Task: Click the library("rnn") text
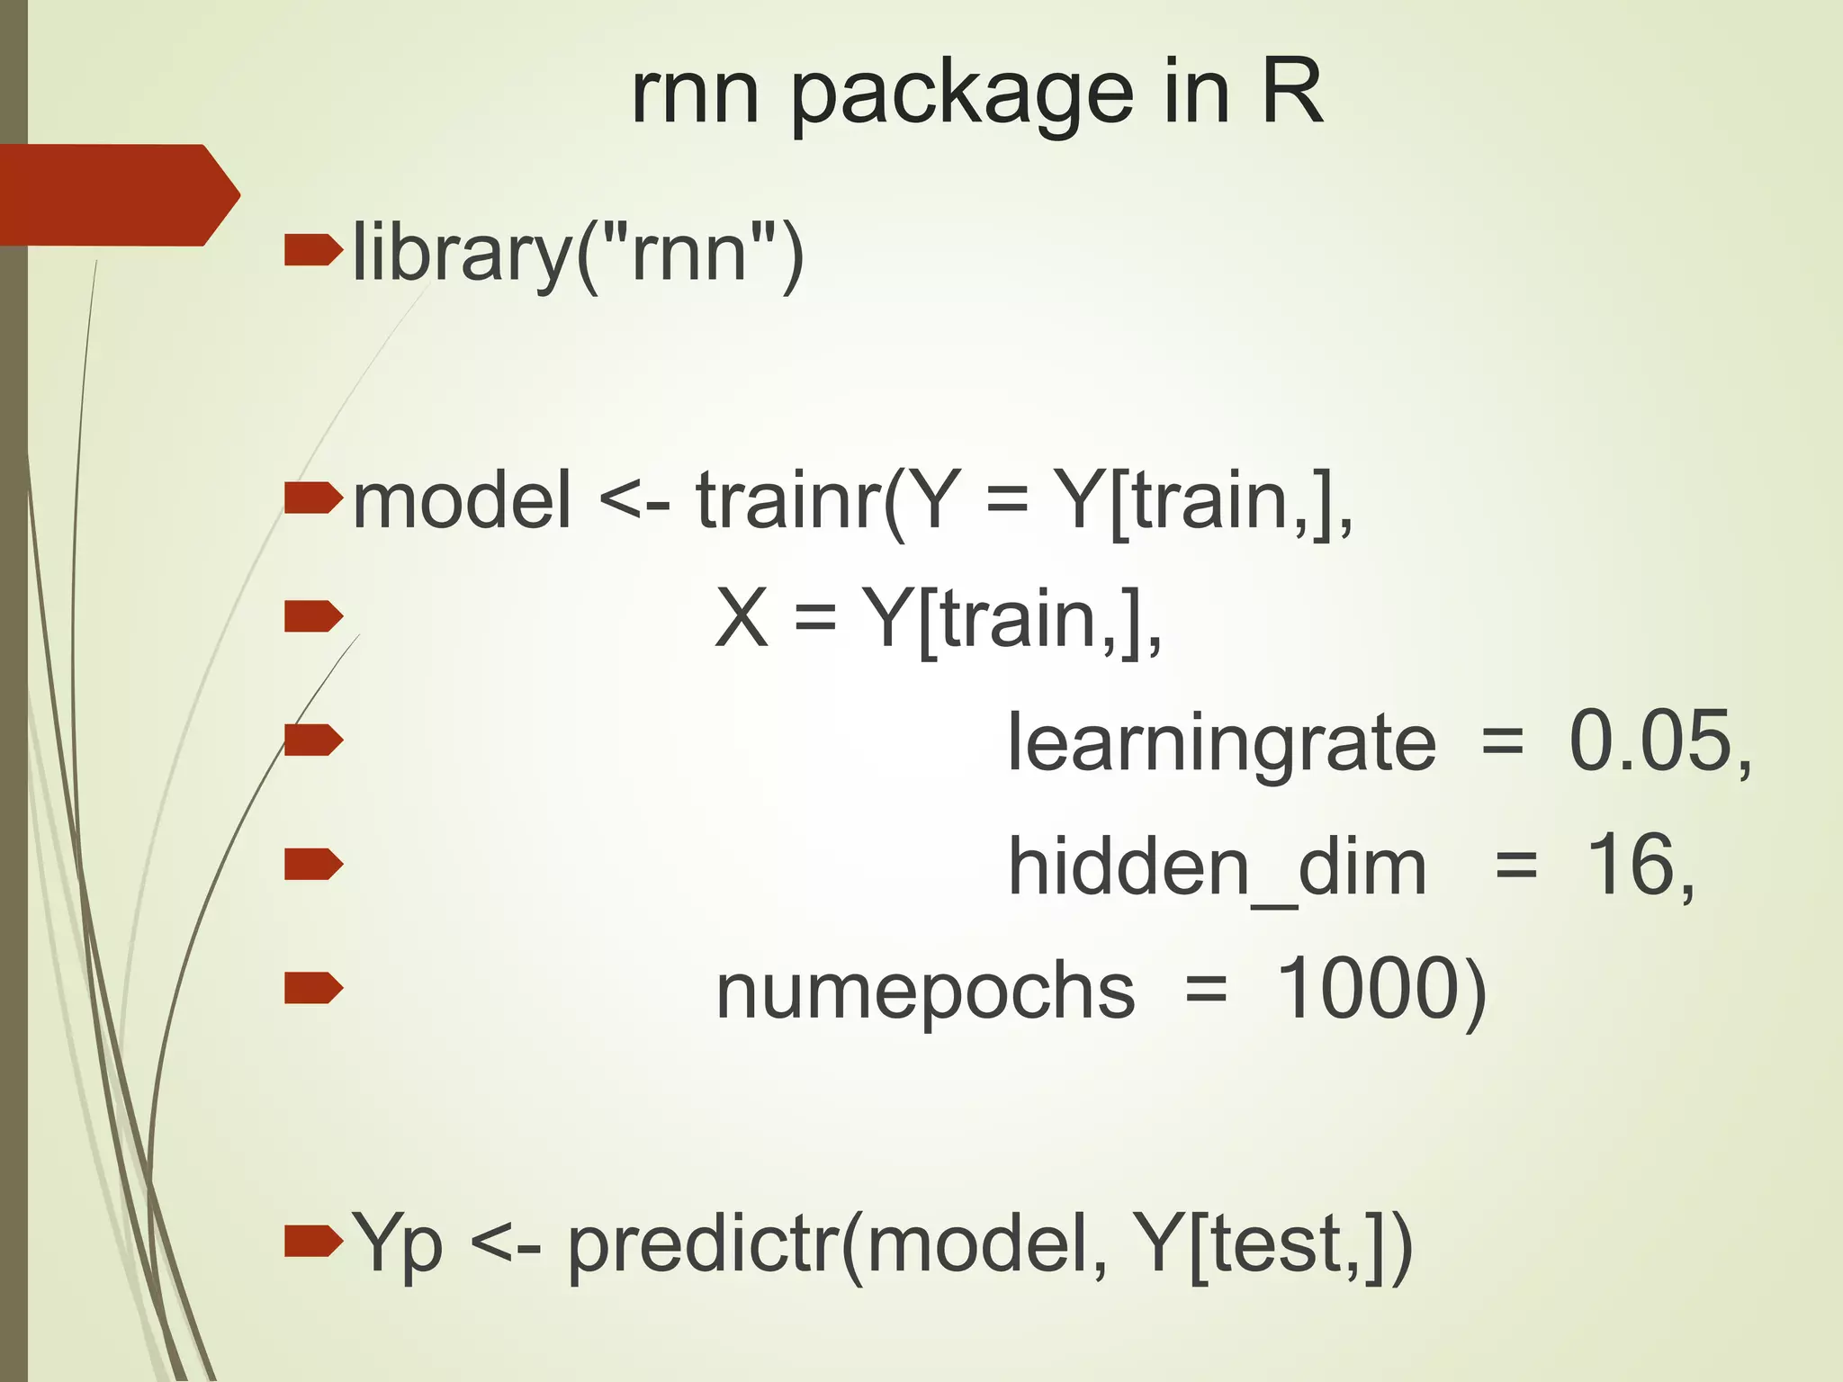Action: (x=578, y=256)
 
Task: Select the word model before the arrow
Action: (x=463, y=501)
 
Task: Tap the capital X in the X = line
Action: (x=742, y=619)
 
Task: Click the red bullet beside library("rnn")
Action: (x=312, y=251)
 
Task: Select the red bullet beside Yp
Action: (x=312, y=1242)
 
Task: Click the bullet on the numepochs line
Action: (x=312, y=987)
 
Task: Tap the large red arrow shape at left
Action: (x=117, y=195)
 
